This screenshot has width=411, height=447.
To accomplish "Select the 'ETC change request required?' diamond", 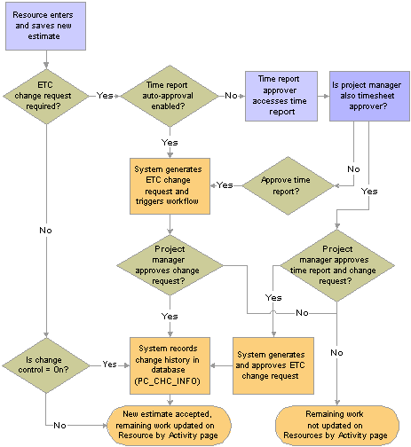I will click(x=45, y=97).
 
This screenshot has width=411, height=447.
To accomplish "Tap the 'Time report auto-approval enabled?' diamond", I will click(x=164, y=97).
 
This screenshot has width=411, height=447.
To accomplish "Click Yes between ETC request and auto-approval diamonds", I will click(x=104, y=94).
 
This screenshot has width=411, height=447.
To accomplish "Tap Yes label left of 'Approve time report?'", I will click(x=225, y=184).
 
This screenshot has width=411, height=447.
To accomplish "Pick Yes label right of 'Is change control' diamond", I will click(x=109, y=364).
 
